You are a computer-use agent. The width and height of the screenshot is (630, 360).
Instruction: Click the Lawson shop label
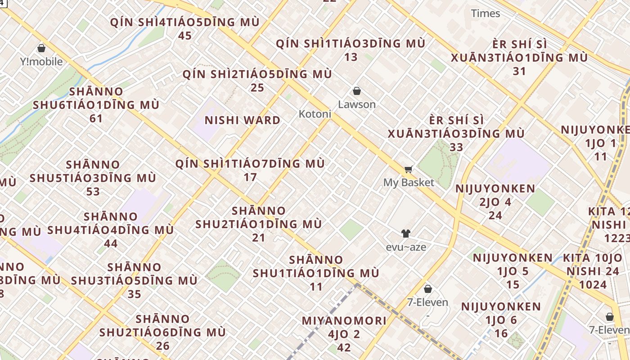click(x=357, y=104)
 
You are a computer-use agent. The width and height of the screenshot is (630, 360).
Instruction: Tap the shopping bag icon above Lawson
click(x=357, y=91)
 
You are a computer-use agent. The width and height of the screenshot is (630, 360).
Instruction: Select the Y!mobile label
click(x=41, y=61)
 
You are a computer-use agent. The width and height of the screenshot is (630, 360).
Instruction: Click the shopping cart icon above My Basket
click(x=409, y=170)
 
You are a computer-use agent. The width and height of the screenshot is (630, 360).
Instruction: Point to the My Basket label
click(x=409, y=182)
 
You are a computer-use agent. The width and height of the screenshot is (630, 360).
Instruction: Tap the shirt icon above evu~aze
click(x=406, y=234)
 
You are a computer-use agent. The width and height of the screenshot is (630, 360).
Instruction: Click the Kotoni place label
click(x=315, y=114)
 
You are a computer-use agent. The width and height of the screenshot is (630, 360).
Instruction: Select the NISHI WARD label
click(x=243, y=120)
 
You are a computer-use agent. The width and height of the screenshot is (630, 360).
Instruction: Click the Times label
click(x=486, y=13)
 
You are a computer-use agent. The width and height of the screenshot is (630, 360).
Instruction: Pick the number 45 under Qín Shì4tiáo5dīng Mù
click(x=185, y=36)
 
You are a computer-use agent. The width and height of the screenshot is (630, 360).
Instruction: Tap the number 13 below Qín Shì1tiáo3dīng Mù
click(x=351, y=57)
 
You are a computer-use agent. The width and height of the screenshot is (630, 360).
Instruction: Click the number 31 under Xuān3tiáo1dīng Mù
click(x=519, y=71)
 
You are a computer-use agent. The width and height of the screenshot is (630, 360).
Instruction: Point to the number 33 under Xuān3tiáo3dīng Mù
click(x=456, y=147)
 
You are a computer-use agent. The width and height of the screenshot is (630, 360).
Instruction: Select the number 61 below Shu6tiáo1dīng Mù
click(x=96, y=118)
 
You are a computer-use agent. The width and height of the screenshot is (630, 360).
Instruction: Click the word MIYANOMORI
click(x=344, y=321)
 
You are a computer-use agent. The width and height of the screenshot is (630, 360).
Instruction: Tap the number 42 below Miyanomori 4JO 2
click(x=344, y=347)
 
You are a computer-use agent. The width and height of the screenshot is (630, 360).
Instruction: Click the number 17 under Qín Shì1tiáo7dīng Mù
click(x=250, y=177)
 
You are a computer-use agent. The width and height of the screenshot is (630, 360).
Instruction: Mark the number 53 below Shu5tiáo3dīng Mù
click(x=93, y=191)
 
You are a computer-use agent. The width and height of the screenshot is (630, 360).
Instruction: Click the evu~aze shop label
click(x=406, y=247)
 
